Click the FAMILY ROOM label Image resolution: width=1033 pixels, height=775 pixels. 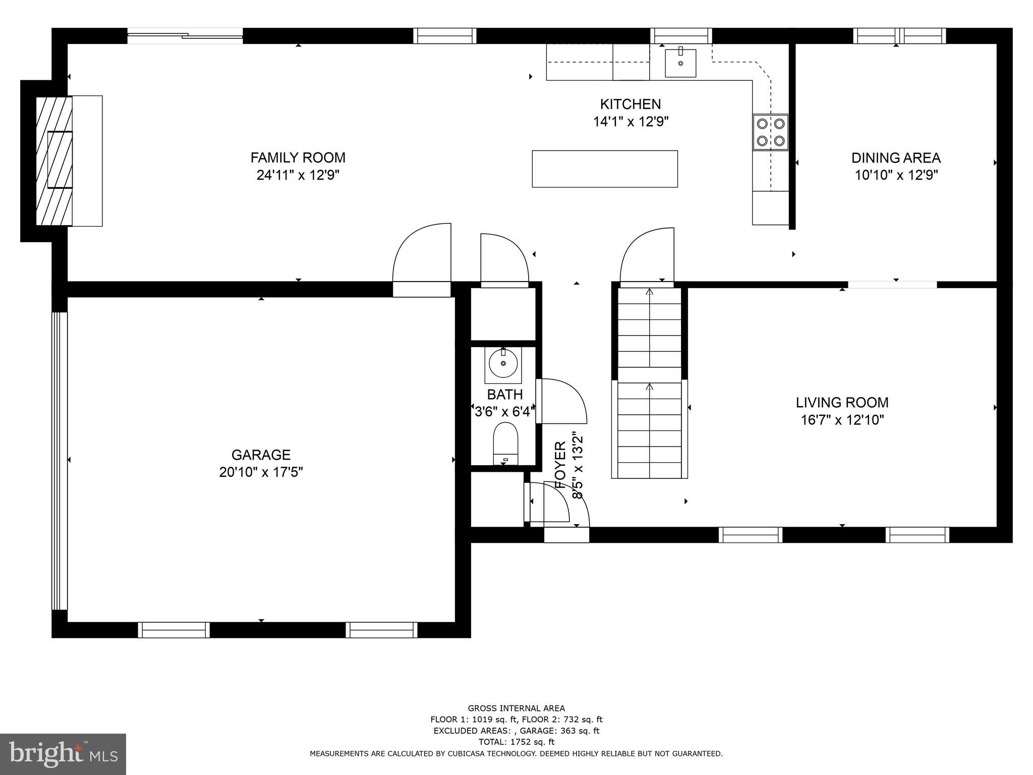coord(298,158)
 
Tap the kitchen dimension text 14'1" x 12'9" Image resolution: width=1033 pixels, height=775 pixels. coord(630,122)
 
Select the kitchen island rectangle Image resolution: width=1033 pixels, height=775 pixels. coord(604,169)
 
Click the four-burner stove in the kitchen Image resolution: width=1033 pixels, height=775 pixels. coord(770,132)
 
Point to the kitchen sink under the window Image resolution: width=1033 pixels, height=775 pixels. coord(680,63)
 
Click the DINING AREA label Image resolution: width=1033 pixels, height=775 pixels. coord(896,158)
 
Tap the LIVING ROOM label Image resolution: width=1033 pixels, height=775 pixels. coord(842,403)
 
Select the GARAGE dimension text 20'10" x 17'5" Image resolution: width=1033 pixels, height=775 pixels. coord(261,472)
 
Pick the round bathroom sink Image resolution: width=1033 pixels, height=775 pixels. coord(503,363)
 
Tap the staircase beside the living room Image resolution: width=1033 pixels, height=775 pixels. coord(649,383)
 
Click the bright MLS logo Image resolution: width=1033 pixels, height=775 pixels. coord(63,754)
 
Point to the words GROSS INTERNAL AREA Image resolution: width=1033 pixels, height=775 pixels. coord(516,708)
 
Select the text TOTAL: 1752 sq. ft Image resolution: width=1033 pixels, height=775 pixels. coord(516,742)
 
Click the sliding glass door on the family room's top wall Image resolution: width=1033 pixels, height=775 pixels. coord(185,35)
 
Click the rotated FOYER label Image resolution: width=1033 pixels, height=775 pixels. coord(560,464)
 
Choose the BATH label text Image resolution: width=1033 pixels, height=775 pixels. coord(504,394)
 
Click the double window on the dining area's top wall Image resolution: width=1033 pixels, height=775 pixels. coord(899,36)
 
